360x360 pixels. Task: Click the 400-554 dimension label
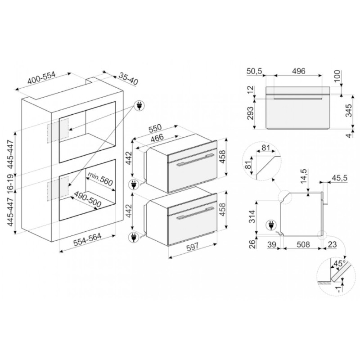(x=41, y=78)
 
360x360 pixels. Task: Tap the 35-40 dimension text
(x=129, y=79)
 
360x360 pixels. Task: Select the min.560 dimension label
(x=100, y=179)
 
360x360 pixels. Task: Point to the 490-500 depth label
(x=88, y=199)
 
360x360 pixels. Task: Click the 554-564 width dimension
(x=87, y=240)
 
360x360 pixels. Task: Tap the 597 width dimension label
(x=193, y=247)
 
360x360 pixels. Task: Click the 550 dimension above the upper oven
(x=155, y=129)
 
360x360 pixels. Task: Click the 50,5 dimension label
(x=254, y=71)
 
